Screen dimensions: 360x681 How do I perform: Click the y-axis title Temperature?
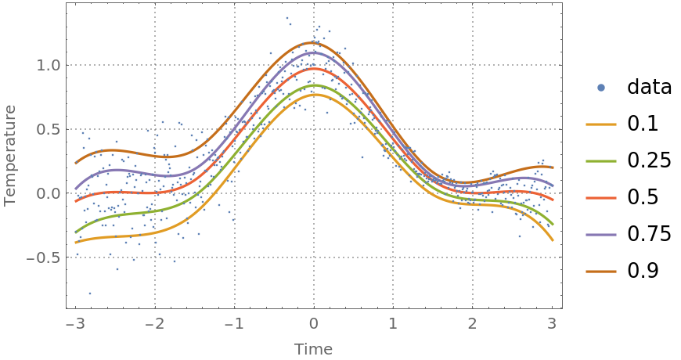[10, 159]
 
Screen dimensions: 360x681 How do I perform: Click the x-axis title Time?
[313, 349]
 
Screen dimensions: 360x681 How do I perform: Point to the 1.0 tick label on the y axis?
[49, 65]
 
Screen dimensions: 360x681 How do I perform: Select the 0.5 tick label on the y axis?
[49, 129]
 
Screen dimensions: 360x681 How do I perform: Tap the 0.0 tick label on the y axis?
[49, 193]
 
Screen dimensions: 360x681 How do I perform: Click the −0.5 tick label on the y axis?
[43, 257]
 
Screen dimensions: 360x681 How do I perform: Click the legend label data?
[649, 87]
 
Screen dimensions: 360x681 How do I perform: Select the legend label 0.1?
[642, 124]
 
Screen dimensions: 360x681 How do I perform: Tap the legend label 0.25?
[649, 160]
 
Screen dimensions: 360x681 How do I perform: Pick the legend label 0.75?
[649, 234]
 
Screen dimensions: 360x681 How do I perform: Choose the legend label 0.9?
[642, 271]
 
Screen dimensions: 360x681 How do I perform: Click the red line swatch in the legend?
[600, 197]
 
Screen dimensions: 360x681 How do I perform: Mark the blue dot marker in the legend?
[600, 87]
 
